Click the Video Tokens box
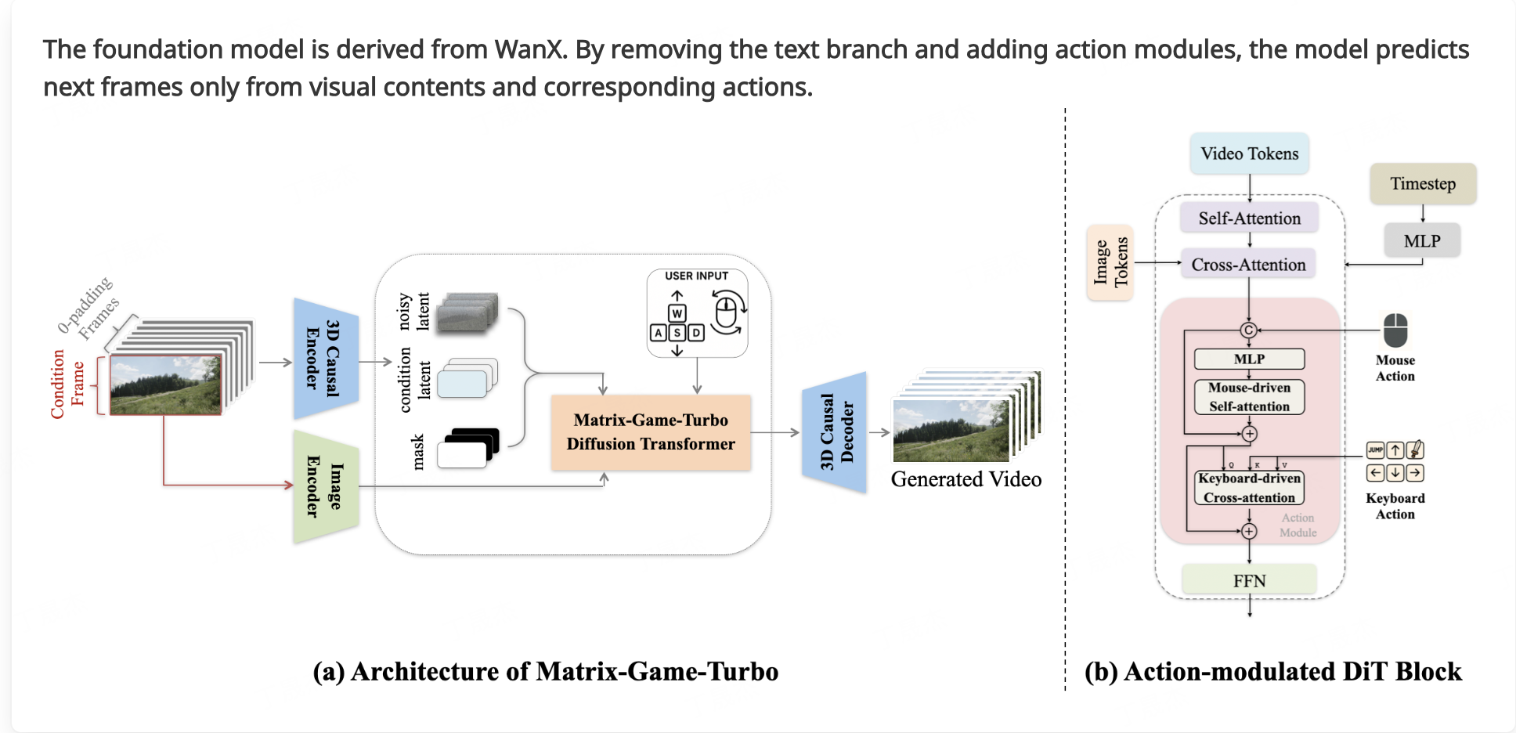pyautogui.click(x=1249, y=153)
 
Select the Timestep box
pyautogui.click(x=1422, y=184)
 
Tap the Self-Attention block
pyautogui.click(x=1249, y=218)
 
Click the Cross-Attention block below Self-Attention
pyautogui.click(x=1248, y=265)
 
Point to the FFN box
pyautogui.click(x=1249, y=580)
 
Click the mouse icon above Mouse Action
pyautogui.click(x=1395, y=330)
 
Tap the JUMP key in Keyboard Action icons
pyautogui.click(x=1375, y=450)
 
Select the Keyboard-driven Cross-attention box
pyautogui.click(x=1249, y=488)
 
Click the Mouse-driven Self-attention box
pyautogui.click(x=1249, y=397)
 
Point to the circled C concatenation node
pyautogui.click(x=1249, y=330)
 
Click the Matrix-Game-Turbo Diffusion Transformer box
pyautogui.click(x=650, y=432)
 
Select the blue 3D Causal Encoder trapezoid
pyautogui.click(x=326, y=359)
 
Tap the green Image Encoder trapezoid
pyautogui.click(x=326, y=486)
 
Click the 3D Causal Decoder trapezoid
pyautogui.click(x=835, y=432)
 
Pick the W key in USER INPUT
pyautogui.click(x=677, y=313)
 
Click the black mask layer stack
pyautogui.click(x=468, y=449)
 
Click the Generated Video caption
pyautogui.click(x=966, y=479)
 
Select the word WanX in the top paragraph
pyautogui.click(x=529, y=49)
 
